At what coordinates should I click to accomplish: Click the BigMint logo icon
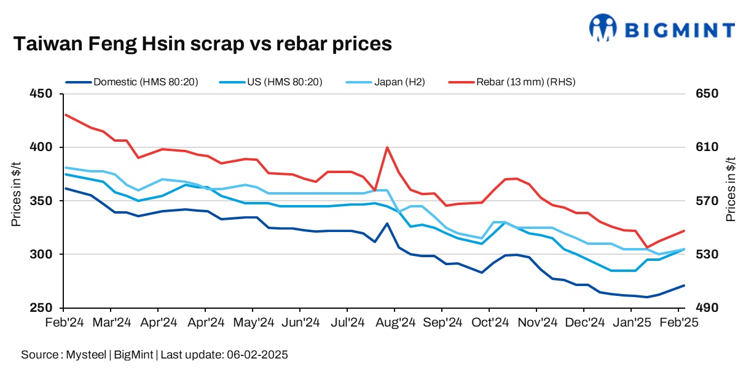[603, 28]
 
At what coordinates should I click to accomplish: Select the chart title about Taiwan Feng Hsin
[202, 44]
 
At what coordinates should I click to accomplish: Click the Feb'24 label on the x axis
[64, 322]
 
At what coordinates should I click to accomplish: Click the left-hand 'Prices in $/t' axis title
[17, 194]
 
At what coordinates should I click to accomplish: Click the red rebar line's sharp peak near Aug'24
[387, 147]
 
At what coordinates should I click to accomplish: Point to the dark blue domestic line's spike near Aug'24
[387, 223]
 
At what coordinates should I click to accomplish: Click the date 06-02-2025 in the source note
[259, 355]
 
